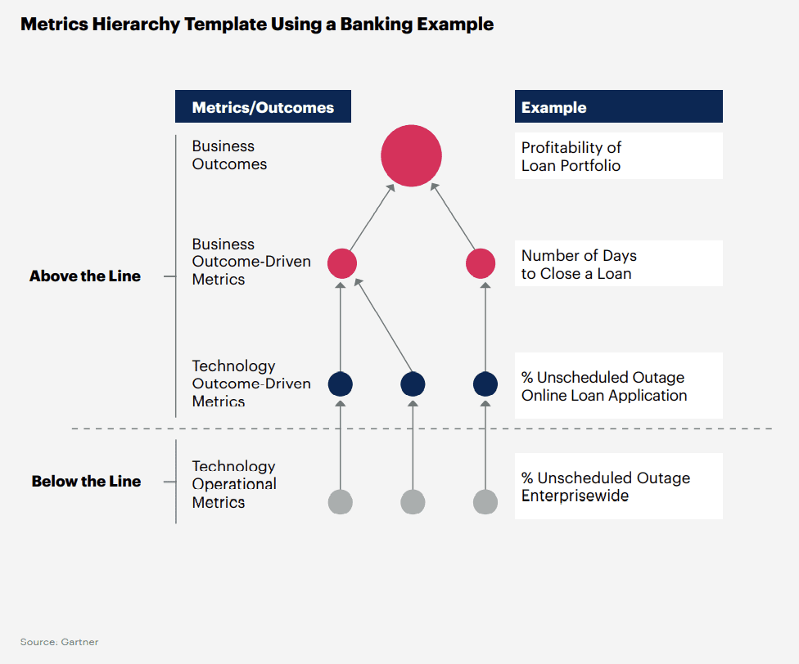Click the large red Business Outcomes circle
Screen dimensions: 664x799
point(411,155)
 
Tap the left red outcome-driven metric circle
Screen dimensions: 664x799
point(342,263)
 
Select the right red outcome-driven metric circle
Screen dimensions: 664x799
point(481,263)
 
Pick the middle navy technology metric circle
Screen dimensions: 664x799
point(413,384)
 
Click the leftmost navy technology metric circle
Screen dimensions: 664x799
point(341,384)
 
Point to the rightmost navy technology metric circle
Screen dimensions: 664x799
point(485,384)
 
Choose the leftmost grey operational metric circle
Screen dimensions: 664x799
point(341,501)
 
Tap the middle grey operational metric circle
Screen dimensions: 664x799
point(413,501)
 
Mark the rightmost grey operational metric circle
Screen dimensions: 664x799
point(485,501)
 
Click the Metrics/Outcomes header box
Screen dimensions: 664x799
point(263,107)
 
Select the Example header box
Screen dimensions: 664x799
point(618,107)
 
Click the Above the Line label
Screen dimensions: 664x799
point(85,276)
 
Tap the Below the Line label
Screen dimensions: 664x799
point(86,482)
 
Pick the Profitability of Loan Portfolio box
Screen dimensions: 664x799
point(618,156)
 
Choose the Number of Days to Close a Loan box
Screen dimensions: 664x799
point(618,264)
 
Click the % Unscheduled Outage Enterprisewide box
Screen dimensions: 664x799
point(618,487)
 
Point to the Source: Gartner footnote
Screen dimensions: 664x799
point(59,642)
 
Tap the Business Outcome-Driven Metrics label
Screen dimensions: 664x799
point(251,262)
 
